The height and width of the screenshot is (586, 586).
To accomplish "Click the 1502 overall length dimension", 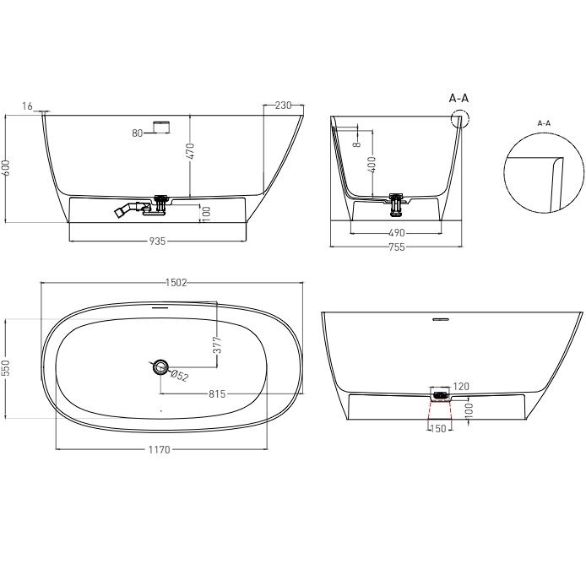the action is tap(176, 283).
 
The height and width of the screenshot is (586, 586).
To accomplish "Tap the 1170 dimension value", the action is tap(160, 449).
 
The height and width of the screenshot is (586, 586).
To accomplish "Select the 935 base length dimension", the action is tap(157, 241).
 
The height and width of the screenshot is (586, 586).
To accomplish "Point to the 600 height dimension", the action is tap(6, 167).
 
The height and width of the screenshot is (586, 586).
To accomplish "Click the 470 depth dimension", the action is tap(190, 151).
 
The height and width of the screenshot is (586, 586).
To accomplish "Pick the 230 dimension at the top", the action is tap(283, 106).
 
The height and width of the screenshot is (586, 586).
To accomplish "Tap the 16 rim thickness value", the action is tap(27, 106).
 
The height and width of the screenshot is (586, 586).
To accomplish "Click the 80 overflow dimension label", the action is tap(138, 133).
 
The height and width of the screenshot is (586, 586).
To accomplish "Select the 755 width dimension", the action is tap(397, 247).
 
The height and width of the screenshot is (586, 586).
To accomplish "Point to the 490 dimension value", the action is tap(397, 233).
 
